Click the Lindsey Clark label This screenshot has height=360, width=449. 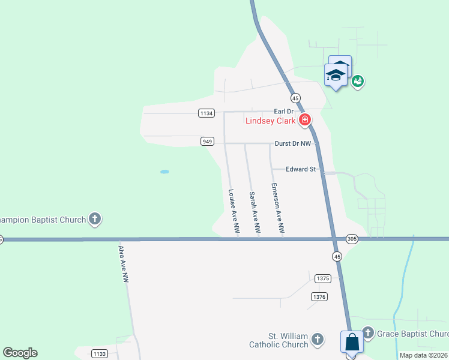270,121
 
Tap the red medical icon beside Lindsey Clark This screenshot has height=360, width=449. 305,120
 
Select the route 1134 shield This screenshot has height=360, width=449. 206,113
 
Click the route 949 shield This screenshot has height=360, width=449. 207,142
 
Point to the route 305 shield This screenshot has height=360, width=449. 352,239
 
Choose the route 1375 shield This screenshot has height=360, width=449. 322,278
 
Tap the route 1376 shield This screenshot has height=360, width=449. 319,296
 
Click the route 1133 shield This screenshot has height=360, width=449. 100,353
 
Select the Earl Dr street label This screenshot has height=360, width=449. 283,112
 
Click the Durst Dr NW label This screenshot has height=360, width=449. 293,144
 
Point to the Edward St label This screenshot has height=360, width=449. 301,170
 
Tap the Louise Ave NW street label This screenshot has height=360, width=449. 233,211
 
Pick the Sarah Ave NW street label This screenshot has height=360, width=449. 255,212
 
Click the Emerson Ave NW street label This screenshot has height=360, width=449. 277,208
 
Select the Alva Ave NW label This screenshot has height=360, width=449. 123,264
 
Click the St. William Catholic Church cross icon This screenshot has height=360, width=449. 318,340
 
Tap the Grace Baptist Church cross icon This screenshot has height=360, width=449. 368,332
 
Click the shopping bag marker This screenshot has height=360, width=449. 352,343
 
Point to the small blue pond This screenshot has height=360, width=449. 164,172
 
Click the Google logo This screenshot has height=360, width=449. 20,353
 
